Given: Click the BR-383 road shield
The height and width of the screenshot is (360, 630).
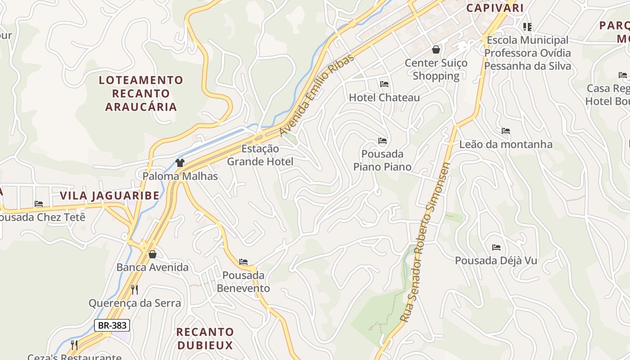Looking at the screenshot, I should tap(112, 325).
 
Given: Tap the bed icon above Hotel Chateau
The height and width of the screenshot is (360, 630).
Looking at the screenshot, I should tap(384, 84).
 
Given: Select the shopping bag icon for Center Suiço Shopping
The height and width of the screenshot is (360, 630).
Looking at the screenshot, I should tap(436, 49).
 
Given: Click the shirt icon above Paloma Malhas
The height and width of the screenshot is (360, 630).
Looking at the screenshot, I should tap(180, 162).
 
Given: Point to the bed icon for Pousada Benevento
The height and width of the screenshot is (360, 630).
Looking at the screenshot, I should tap(243, 261).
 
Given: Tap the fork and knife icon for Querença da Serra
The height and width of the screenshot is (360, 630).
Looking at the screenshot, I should tap(134, 289).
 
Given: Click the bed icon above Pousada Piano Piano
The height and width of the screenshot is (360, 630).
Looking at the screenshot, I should tap(382, 141).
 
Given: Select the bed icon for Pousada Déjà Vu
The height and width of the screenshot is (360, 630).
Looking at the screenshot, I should tap(496, 247).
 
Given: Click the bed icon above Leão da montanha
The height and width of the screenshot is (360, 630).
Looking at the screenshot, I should tap(506, 131).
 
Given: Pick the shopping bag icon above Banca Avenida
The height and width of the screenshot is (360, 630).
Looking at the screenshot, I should tap(153, 254).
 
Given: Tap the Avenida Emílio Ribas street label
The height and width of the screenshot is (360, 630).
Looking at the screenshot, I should tap(317, 95).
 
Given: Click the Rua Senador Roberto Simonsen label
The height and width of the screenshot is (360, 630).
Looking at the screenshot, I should tap(426, 243).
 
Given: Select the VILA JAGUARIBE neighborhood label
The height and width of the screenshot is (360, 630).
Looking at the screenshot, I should tap(110, 196).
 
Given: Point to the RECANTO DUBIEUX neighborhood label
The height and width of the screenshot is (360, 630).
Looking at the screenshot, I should tap(205, 339).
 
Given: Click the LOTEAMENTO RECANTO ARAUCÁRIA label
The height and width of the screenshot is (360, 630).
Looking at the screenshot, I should tap(141, 94).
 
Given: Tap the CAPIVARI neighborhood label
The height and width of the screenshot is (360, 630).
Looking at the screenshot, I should tap(495, 8).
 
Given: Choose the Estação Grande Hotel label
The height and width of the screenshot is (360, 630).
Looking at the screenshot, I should tap(260, 155).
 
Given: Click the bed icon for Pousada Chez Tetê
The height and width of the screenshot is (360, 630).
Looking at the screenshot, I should tap(39, 204).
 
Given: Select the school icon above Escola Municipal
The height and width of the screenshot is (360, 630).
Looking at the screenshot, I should tap(527, 27).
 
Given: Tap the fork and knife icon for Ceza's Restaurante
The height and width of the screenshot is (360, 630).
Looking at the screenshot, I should tap(74, 345).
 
